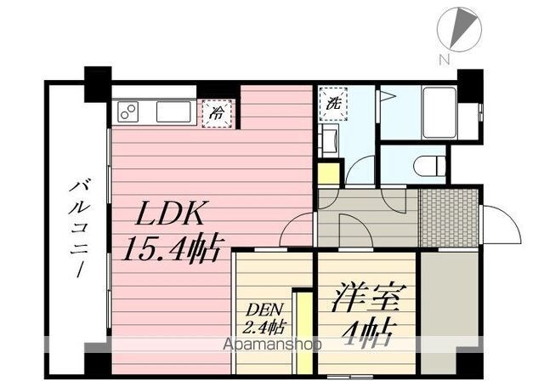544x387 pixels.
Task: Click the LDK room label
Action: pyautogui.click(x=169, y=213)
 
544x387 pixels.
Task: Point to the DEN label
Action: pyautogui.click(x=265, y=309)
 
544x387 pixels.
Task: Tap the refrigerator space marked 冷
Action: pyautogui.click(x=217, y=113)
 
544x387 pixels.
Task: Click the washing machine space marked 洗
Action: pyautogui.click(x=333, y=104)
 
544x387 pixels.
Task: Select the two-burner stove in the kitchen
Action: pyautogui.click(x=128, y=111)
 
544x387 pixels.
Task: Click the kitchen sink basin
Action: pyautogui.click(x=173, y=111)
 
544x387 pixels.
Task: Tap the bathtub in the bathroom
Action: pyautogui.click(x=439, y=113)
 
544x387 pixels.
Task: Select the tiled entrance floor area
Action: pyautogui.click(x=448, y=218)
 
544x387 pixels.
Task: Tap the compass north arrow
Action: pyautogui.click(x=462, y=27)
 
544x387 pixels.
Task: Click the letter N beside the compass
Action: pyautogui.click(x=444, y=60)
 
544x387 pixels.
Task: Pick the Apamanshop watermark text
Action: pyautogui.click(x=272, y=344)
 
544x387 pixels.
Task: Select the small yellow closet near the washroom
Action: pyautogui.click(x=328, y=174)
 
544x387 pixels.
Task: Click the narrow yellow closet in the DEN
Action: pyautogui.click(x=304, y=333)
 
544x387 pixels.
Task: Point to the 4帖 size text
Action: pyautogui.click(x=368, y=333)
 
